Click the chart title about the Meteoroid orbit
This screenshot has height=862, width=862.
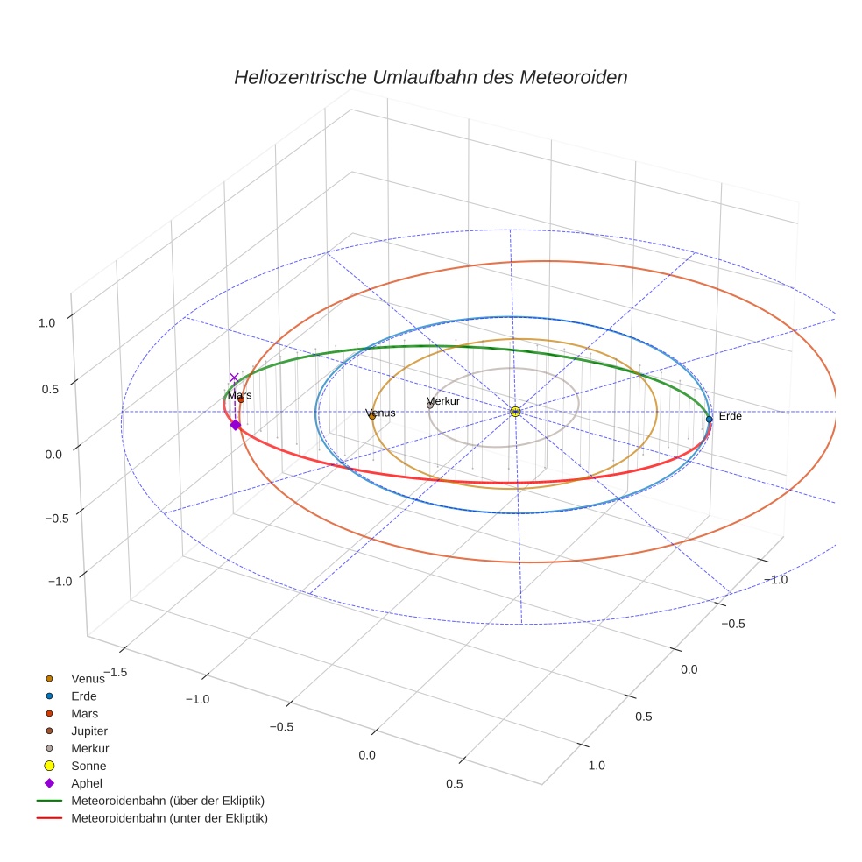click(430, 77)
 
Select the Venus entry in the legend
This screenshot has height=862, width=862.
click(87, 678)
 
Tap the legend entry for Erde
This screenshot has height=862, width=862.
click(83, 696)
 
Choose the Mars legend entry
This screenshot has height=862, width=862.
click(84, 713)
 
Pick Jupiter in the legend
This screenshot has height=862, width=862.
click(89, 731)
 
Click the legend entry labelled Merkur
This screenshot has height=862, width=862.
click(89, 748)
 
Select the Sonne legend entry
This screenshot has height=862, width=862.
click(88, 766)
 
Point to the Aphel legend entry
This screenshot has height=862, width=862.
click(87, 783)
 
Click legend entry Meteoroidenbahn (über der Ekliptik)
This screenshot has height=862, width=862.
click(167, 801)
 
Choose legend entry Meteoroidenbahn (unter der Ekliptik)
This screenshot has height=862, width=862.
click(169, 818)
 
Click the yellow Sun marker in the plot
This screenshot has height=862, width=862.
click(515, 412)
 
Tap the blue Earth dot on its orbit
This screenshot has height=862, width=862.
click(709, 419)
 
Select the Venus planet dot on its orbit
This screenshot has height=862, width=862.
click(372, 416)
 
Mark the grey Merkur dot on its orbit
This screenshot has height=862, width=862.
click(430, 406)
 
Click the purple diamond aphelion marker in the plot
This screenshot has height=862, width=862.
click(235, 425)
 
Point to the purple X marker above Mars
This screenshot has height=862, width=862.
click(234, 378)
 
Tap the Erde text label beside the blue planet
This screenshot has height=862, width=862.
click(730, 416)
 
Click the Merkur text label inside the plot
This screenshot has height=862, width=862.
click(442, 401)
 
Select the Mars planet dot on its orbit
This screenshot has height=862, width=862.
click(241, 400)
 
